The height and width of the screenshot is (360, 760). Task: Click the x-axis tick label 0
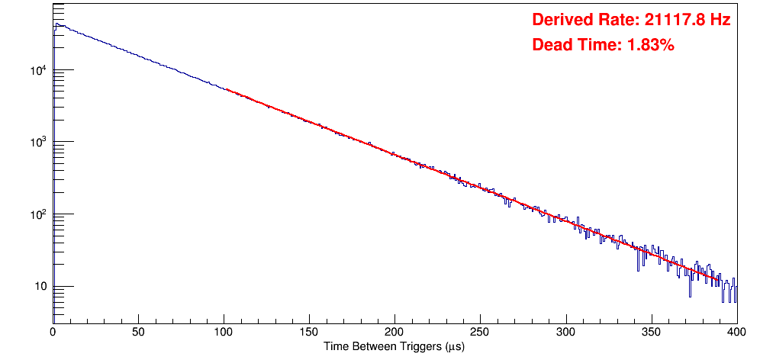click(53, 332)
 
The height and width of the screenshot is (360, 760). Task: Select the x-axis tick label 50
click(138, 332)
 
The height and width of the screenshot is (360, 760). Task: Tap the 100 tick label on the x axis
click(224, 332)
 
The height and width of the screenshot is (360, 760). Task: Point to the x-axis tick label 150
click(309, 332)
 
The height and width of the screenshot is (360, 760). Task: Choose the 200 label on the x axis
click(394, 332)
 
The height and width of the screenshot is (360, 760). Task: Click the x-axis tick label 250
click(480, 332)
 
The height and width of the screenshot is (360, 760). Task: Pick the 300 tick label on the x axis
click(565, 332)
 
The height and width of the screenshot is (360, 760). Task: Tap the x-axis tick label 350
click(651, 332)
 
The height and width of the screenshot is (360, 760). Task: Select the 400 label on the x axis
click(736, 332)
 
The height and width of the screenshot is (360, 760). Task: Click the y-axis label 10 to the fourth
click(39, 71)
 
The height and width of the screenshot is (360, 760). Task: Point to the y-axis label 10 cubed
click(39, 143)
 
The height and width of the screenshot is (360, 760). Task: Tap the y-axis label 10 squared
click(39, 214)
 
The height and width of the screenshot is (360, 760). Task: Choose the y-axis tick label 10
click(40, 287)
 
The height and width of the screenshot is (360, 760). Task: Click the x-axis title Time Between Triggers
click(394, 346)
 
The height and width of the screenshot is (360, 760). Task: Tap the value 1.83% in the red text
click(651, 46)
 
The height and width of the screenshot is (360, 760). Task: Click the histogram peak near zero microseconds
click(56, 24)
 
